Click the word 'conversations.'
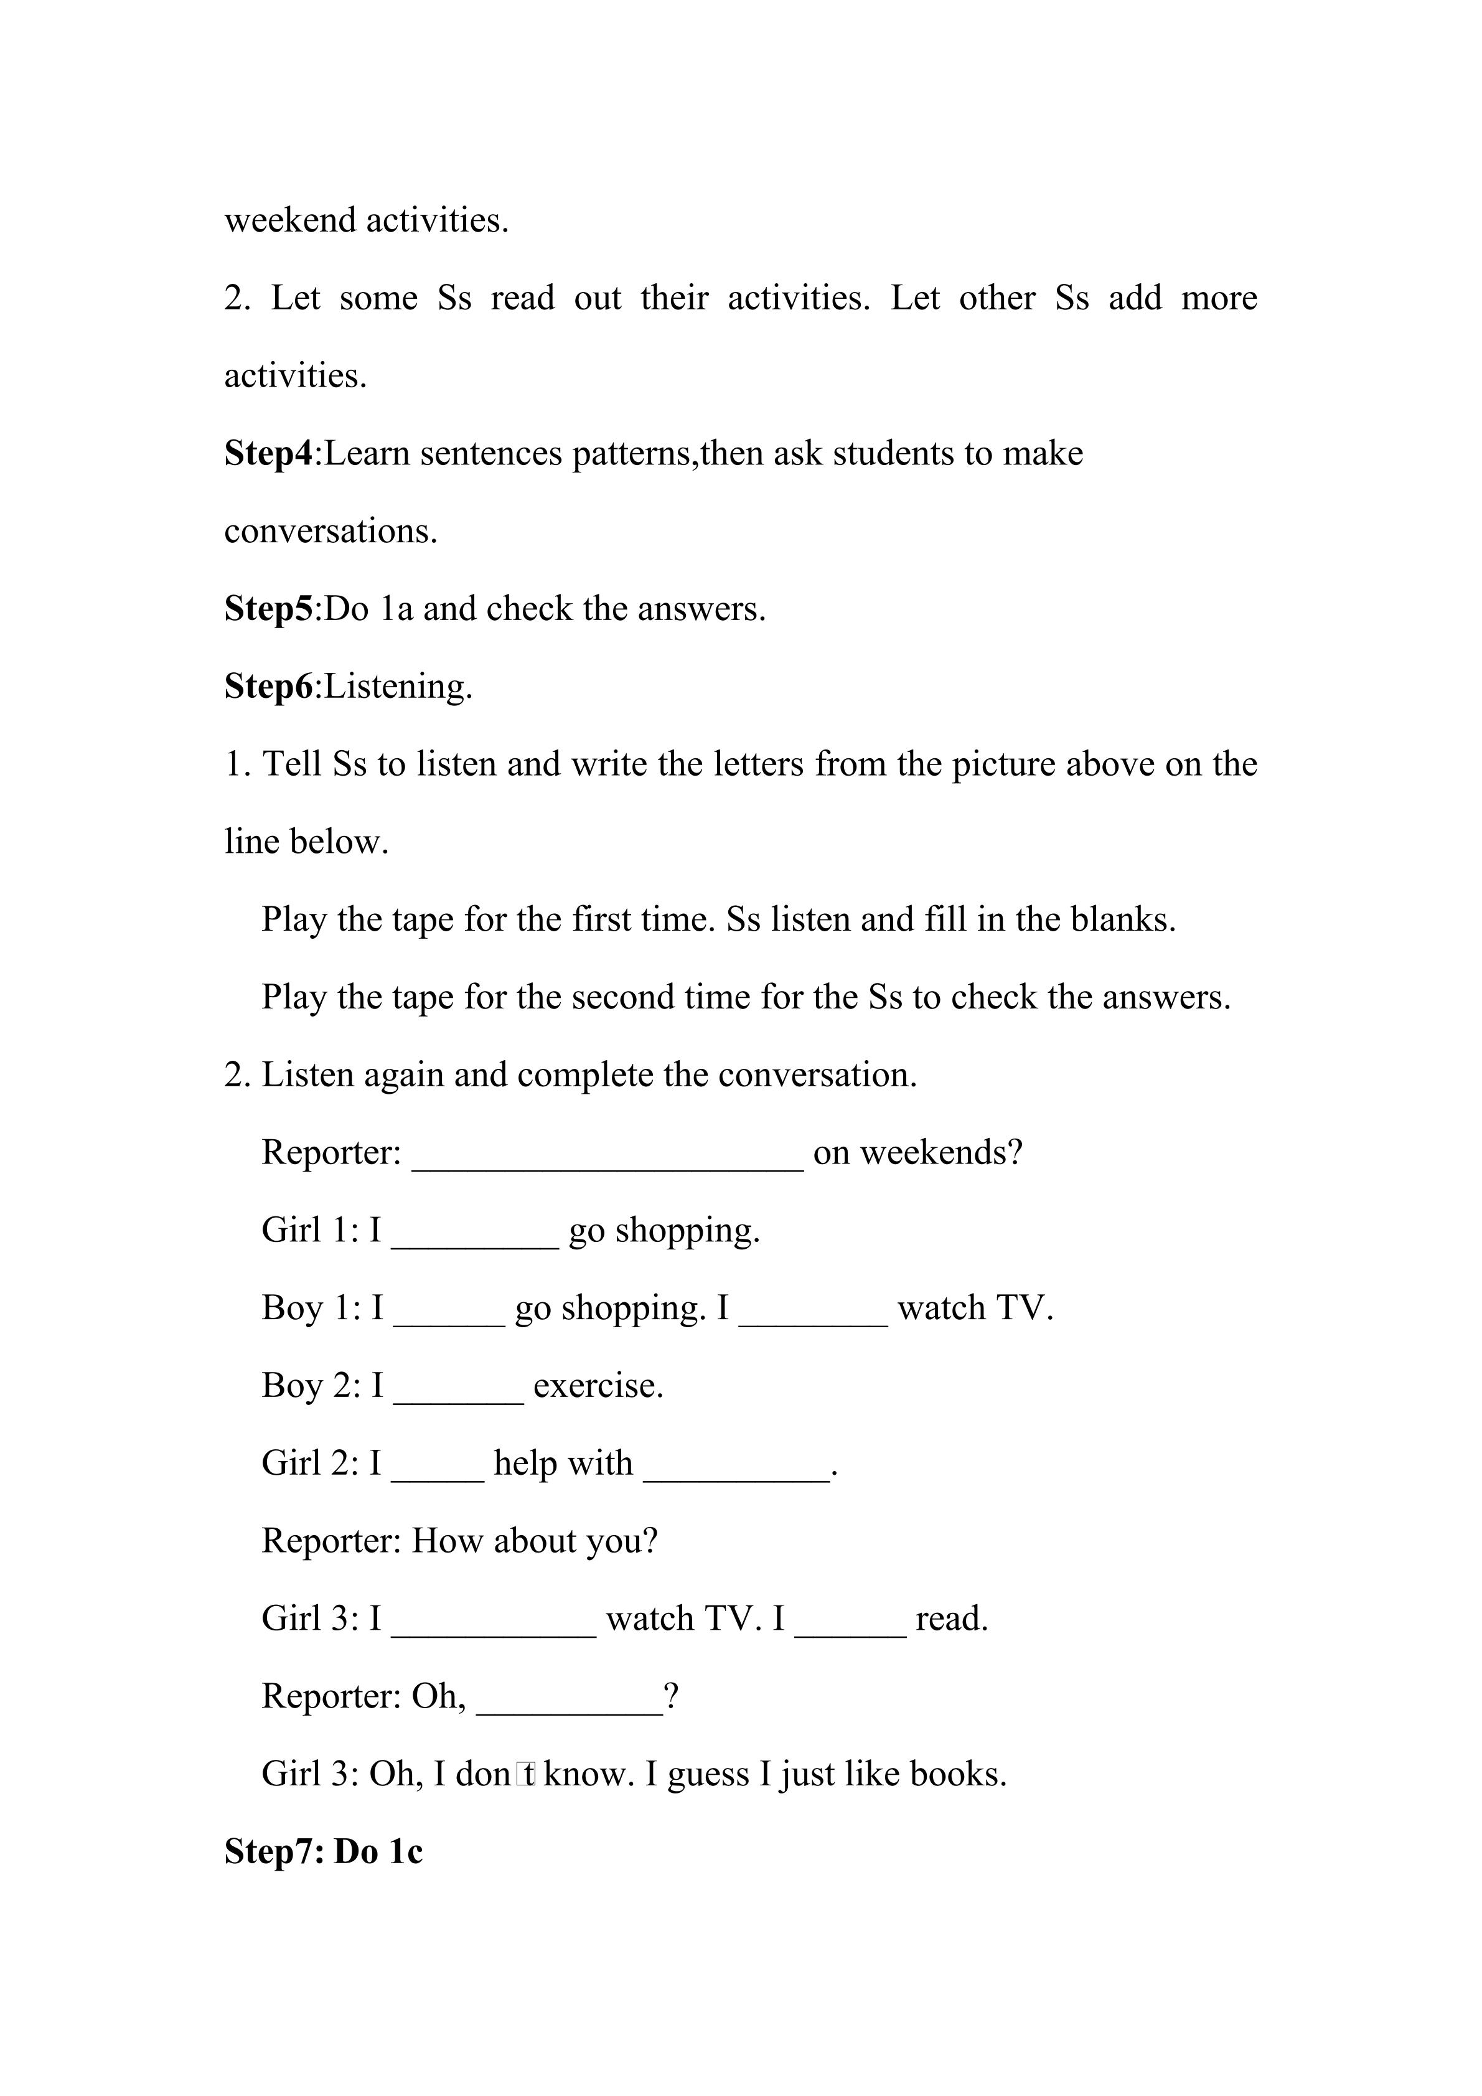pyautogui.click(x=331, y=531)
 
